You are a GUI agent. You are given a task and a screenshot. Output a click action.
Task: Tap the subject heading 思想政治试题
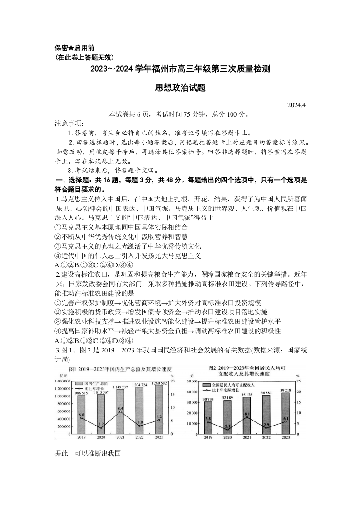(180, 88)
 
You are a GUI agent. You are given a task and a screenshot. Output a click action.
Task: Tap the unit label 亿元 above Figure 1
(62, 376)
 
